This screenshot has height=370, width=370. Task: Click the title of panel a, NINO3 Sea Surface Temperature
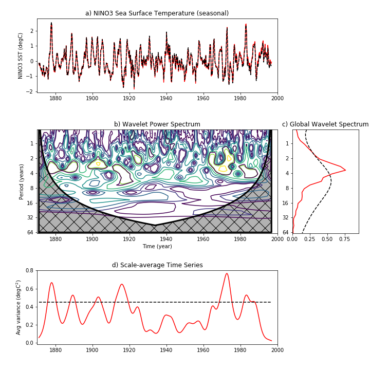[157, 13]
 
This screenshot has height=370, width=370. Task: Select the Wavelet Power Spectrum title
[157, 124]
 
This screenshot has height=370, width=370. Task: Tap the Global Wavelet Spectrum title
[325, 124]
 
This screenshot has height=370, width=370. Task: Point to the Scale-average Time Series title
[157, 265]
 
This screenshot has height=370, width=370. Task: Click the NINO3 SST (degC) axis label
[21, 55]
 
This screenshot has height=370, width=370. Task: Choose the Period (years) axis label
[22, 181]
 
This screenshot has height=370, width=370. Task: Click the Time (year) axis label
[157, 246]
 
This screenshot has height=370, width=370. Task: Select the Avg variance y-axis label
[20, 307]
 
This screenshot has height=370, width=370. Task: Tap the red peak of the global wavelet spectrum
[345, 170]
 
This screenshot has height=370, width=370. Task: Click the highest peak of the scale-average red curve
[227, 273]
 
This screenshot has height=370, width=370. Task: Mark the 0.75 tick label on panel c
[345, 238]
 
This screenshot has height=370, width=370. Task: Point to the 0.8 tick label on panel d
[30, 270]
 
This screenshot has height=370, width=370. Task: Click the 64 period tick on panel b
[30, 233]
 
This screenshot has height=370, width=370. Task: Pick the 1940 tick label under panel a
[166, 98]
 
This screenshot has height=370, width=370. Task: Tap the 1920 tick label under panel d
[129, 350]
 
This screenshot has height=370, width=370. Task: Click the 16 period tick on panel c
[286, 203]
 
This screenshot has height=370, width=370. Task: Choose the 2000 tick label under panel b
[277, 238]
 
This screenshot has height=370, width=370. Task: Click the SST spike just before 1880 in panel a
[51, 23]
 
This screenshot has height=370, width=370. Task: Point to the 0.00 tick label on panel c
[292, 238]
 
